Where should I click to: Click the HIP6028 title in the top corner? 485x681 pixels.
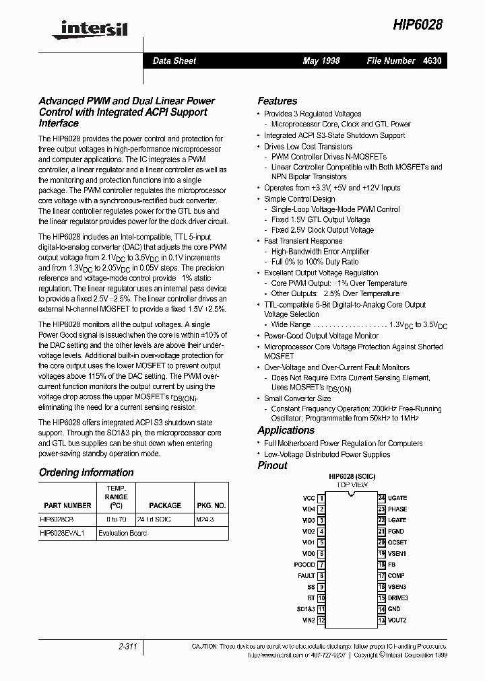coord(417,24)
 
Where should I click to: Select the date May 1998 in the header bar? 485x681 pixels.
coord(321,61)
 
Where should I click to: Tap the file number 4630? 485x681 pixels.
coord(432,61)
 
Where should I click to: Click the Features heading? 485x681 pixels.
coord(277,101)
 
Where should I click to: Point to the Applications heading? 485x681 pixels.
coord(286,431)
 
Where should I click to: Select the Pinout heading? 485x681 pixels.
coord(272,465)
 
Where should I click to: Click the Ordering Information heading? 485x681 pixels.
coord(86,472)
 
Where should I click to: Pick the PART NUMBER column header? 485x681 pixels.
coord(67,505)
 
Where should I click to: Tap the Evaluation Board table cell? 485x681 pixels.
coord(122,533)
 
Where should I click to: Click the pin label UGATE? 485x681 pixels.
coord(397,498)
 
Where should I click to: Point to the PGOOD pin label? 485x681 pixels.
coord(304,565)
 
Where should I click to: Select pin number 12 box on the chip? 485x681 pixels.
coord(321,620)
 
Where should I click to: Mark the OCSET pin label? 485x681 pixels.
coord(397,542)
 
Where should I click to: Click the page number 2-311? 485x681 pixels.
coord(127,647)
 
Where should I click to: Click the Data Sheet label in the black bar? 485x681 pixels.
coord(174,61)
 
